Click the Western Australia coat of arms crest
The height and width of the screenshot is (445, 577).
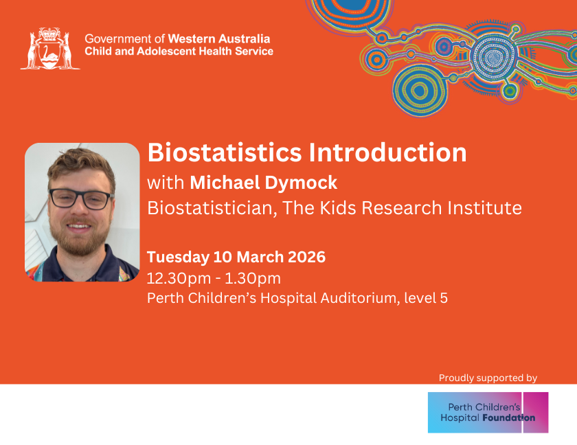[x=50, y=48]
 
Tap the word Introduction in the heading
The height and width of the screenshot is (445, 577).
[x=387, y=152]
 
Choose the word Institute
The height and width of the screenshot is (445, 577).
[x=485, y=208]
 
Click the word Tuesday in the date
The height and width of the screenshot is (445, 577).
[x=178, y=258]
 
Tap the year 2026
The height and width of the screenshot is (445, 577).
[x=306, y=257]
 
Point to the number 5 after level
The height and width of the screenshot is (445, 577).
[x=444, y=298]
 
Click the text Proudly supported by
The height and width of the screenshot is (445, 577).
[x=488, y=378]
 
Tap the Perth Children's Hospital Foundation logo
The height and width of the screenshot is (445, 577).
[x=488, y=412]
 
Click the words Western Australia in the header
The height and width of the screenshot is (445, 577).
[x=219, y=38]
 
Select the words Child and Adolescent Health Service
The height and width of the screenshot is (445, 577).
[x=179, y=51]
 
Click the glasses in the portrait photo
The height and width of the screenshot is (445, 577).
[x=81, y=199]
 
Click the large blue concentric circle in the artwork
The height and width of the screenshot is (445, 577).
[x=420, y=91]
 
